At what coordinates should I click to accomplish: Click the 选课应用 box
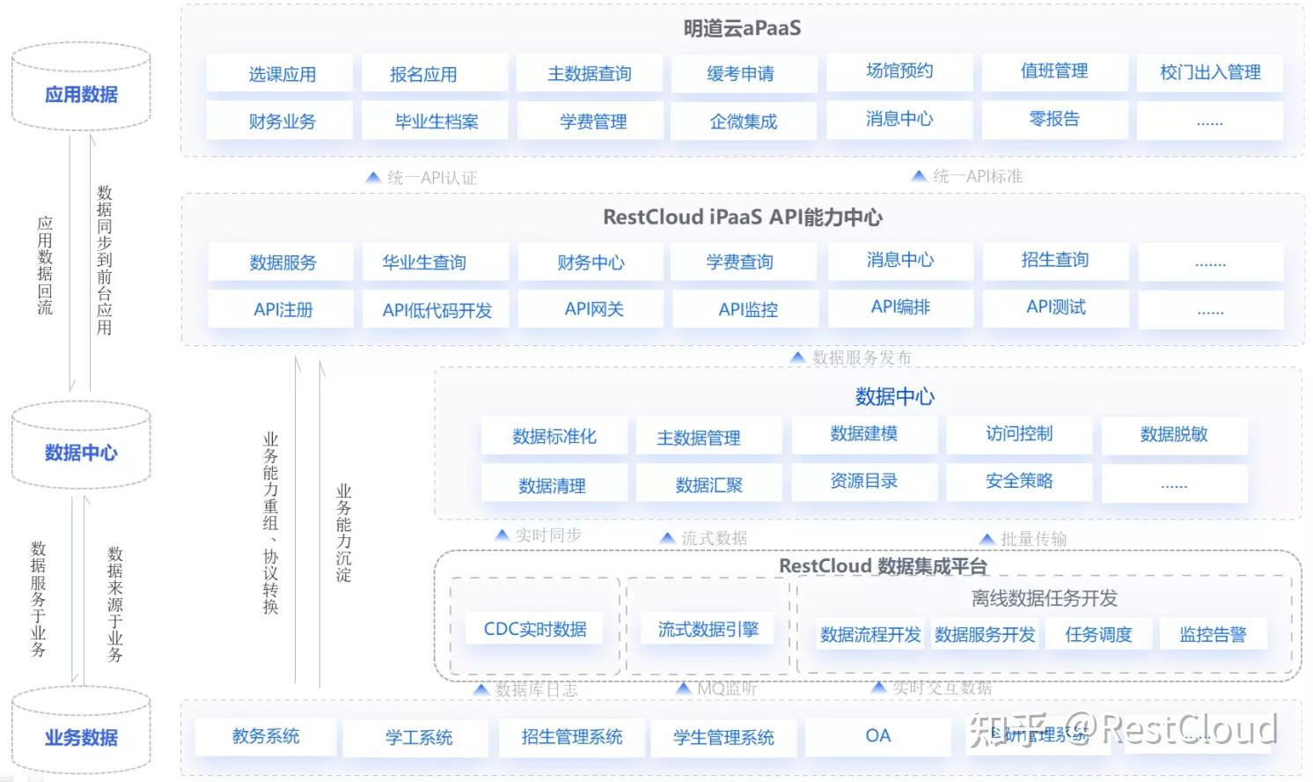tap(281, 74)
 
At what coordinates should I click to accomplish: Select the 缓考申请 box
tap(741, 74)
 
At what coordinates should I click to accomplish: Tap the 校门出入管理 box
tap(1210, 72)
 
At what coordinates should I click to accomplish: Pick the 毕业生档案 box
tap(436, 122)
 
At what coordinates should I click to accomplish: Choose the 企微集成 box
tap(744, 122)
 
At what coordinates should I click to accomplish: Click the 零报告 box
tap(1054, 119)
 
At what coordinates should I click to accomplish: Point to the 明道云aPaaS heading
tap(742, 28)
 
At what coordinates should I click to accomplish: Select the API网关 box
tap(594, 309)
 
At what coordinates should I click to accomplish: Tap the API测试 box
tap(1056, 307)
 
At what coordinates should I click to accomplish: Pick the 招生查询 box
tap(1054, 260)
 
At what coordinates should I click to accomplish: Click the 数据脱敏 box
tap(1174, 434)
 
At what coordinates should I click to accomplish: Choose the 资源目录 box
tap(864, 481)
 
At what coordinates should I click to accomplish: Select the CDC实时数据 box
tap(535, 629)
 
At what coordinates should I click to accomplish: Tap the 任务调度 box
tap(1098, 634)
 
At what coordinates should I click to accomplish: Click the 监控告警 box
tap(1213, 634)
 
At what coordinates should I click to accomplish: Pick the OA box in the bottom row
tap(878, 736)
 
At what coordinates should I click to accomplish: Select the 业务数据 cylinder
tap(81, 737)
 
